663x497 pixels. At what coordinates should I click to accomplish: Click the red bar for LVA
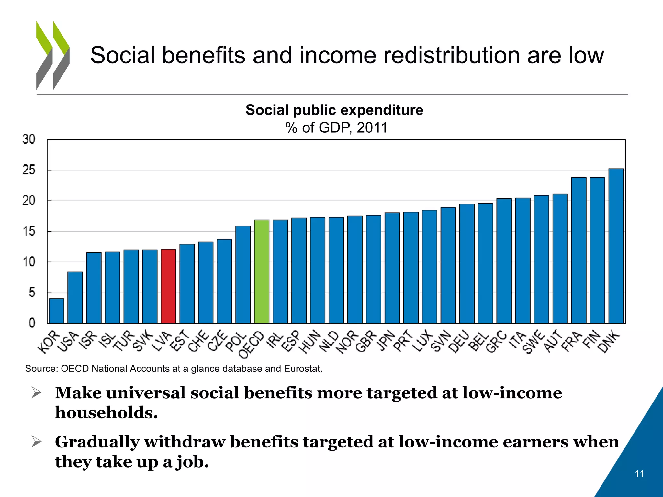coord(168,286)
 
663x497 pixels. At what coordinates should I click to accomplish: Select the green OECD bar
coord(262,272)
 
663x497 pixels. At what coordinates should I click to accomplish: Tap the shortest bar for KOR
coord(56,311)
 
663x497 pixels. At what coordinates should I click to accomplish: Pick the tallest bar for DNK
coord(616,246)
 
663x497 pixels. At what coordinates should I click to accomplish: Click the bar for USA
coord(75,298)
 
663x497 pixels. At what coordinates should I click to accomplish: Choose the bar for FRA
coord(579,250)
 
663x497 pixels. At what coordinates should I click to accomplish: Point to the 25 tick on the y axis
coord(29,170)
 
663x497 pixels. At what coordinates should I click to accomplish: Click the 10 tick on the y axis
coord(29,262)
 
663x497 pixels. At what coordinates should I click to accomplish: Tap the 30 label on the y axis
coord(29,139)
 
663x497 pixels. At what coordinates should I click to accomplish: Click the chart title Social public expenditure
coord(334,110)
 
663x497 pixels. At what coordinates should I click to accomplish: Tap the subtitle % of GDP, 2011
coord(336,127)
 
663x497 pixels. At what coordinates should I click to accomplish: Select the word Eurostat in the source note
coord(302,369)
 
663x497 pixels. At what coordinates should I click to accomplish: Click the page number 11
coord(639,474)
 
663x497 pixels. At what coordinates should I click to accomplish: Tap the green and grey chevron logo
coord(53,55)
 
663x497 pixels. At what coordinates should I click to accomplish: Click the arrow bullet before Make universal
coord(37,393)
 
